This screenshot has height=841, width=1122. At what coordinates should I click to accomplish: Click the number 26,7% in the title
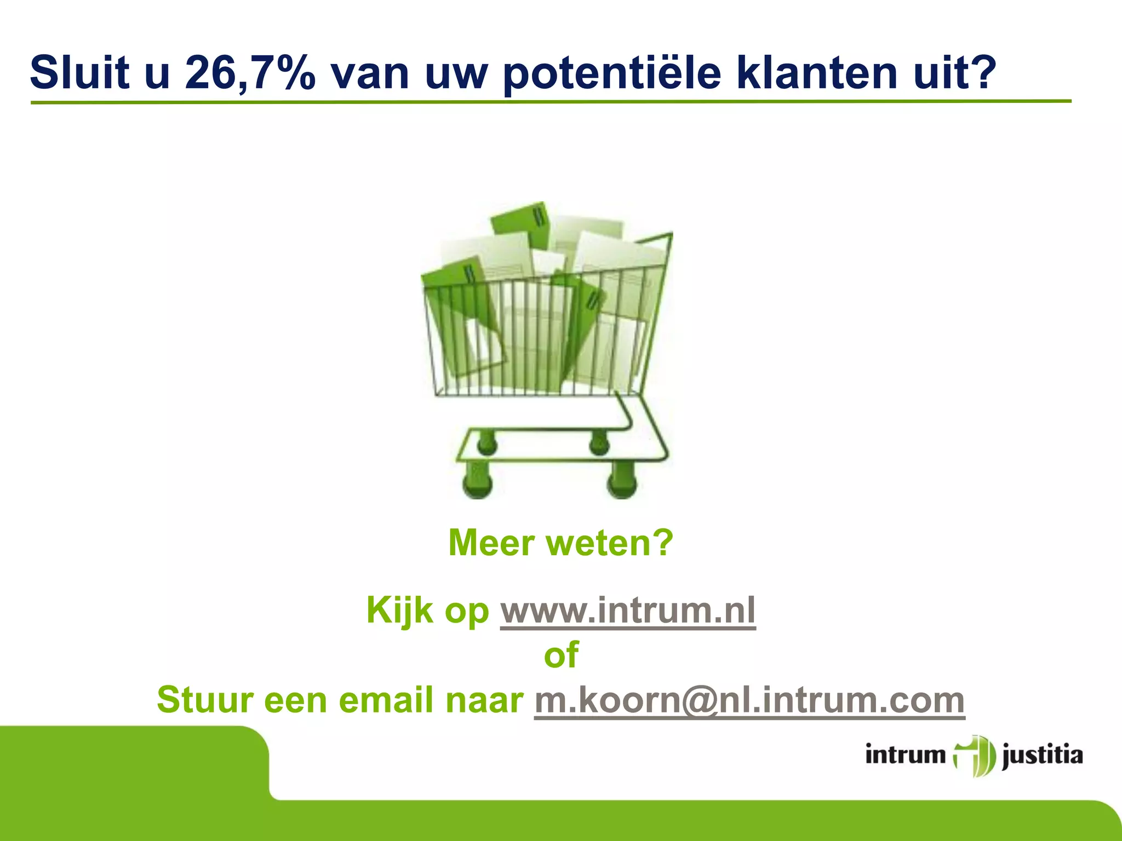[x=250, y=73]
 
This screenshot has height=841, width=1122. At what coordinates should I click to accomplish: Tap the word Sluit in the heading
[x=79, y=73]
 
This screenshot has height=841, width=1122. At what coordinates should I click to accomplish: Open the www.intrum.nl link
[x=628, y=611]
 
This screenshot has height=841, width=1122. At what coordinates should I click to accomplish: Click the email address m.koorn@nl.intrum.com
[x=749, y=701]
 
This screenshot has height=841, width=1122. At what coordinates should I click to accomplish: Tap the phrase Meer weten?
[x=560, y=543]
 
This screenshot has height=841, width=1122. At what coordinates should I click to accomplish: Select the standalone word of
[x=561, y=655]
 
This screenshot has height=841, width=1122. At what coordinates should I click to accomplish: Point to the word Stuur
[x=205, y=701]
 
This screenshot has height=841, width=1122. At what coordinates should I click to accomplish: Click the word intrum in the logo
[x=906, y=756]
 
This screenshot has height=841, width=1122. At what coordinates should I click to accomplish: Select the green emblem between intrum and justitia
[x=974, y=756]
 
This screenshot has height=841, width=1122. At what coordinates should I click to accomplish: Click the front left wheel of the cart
[x=478, y=481]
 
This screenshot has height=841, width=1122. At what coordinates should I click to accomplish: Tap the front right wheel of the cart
[x=622, y=481]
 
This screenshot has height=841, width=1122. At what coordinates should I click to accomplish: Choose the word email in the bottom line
[x=387, y=701]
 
